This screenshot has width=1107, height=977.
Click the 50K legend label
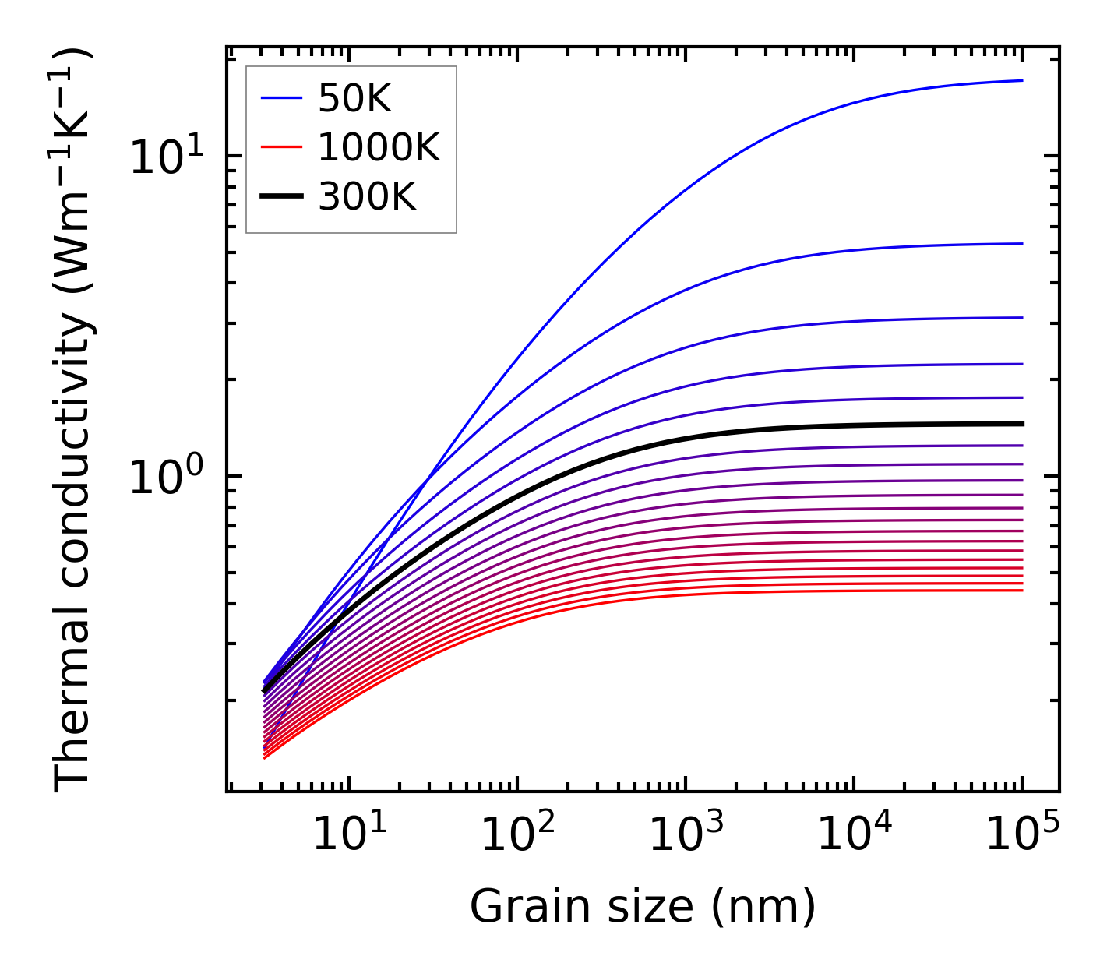click(x=354, y=99)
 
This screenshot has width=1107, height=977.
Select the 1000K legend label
click(x=379, y=147)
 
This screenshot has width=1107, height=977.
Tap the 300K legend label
click(x=367, y=197)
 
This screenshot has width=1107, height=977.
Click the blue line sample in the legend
click(x=280, y=98)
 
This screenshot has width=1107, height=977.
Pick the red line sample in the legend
click(x=280, y=147)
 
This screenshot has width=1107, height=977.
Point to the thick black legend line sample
click(x=280, y=197)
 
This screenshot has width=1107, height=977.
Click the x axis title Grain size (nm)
click(x=643, y=907)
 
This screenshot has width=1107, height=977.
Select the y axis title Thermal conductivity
click(x=74, y=421)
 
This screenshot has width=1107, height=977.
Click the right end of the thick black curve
click(x=1021, y=424)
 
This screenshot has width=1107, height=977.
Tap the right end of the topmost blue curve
click(x=1021, y=80)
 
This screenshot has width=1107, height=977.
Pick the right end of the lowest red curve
click(x=1021, y=590)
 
